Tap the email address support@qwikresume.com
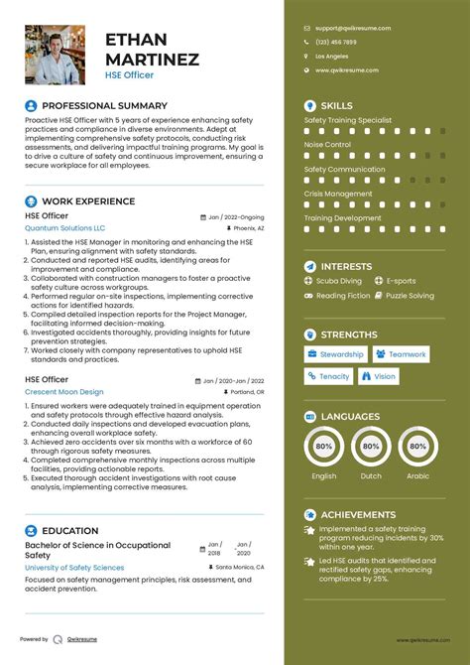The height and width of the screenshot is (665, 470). click(x=352, y=29)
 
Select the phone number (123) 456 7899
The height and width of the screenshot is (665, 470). click(x=337, y=43)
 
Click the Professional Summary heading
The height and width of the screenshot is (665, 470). click(x=104, y=105)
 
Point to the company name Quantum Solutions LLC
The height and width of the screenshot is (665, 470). click(x=64, y=227)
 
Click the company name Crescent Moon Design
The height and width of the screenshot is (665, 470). click(x=64, y=392)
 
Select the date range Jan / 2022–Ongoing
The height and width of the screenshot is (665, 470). click(x=236, y=215)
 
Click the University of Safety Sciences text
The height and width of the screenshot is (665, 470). click(x=74, y=568)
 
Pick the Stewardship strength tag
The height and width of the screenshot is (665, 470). click(x=335, y=354)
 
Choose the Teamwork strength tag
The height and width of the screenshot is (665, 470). click(x=401, y=354)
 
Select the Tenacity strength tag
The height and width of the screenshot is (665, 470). click(x=328, y=376)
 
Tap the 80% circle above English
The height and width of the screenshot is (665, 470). click(x=323, y=448)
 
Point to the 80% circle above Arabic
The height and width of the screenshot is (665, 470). click(x=418, y=448)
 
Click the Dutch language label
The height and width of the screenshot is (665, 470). click(x=371, y=476)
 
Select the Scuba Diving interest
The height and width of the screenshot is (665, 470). click(x=336, y=281)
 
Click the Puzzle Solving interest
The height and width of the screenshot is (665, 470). click(x=410, y=296)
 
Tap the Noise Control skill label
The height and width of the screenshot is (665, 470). click(x=327, y=145)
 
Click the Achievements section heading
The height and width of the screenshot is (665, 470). click(x=358, y=515)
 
